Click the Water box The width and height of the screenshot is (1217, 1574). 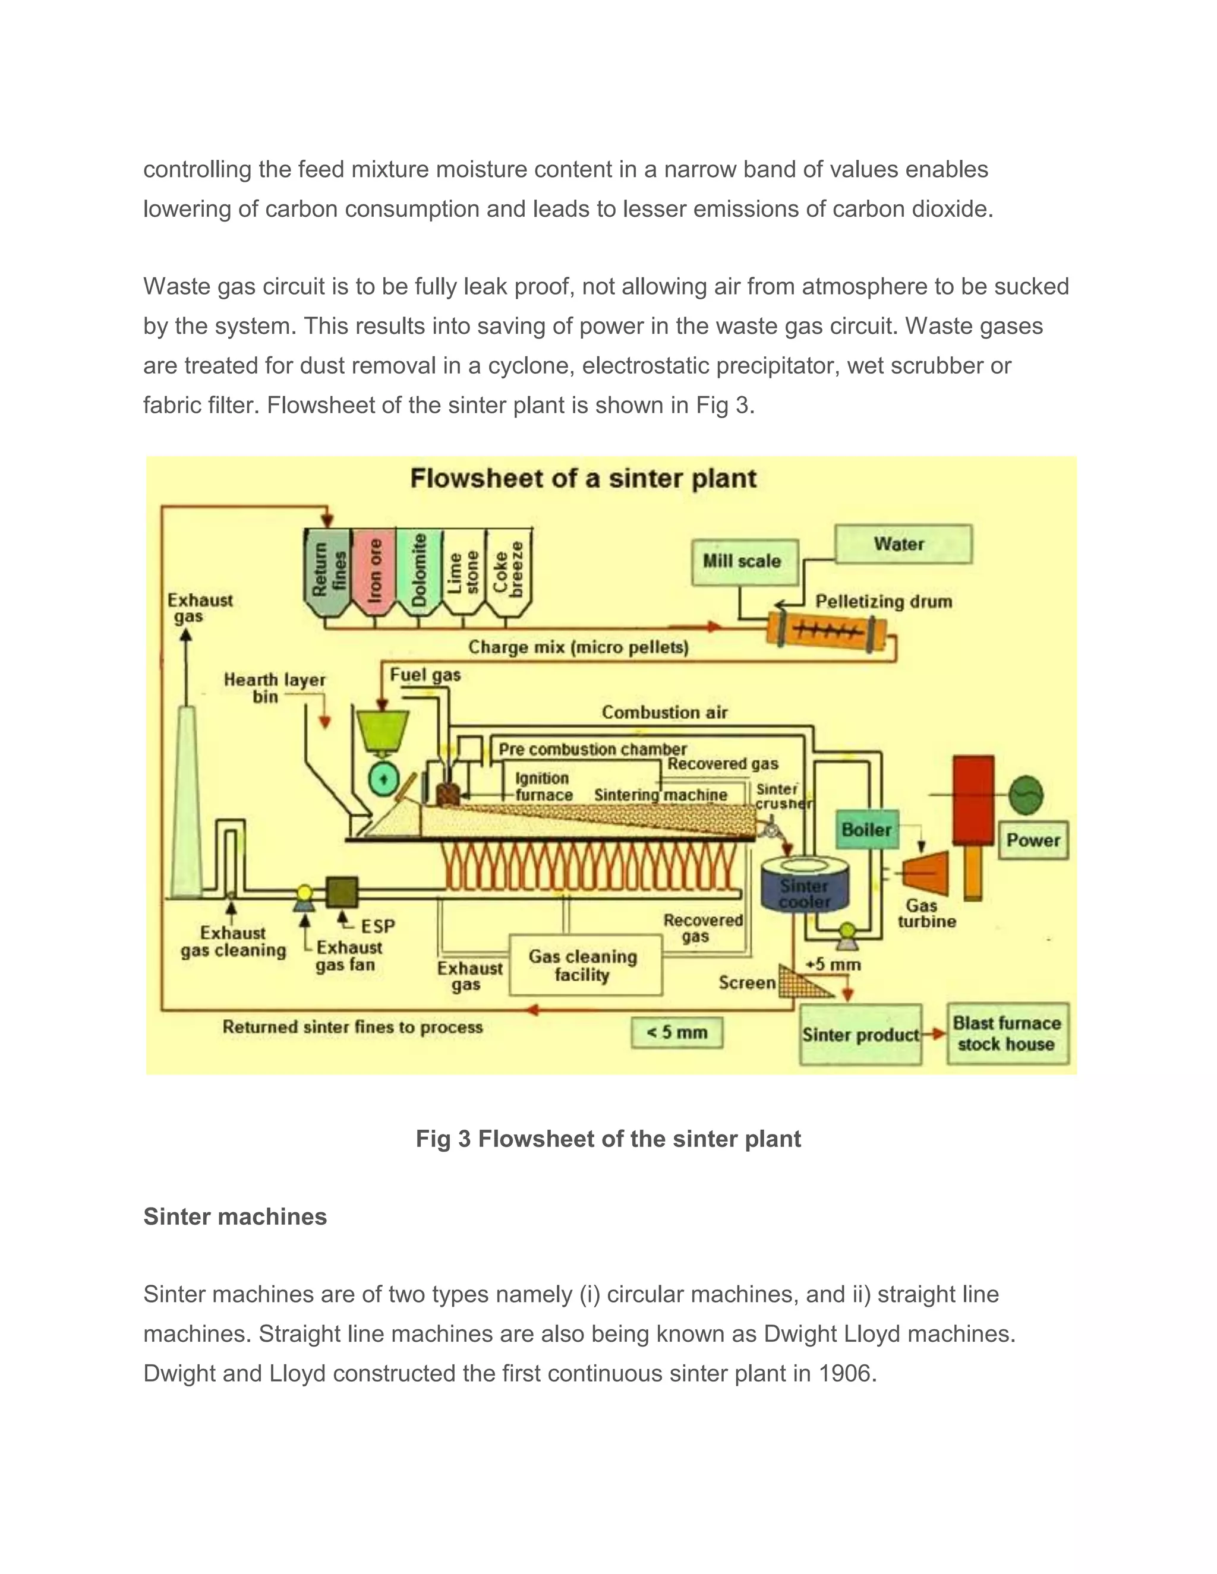[903, 544]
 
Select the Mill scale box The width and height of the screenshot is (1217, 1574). [744, 561]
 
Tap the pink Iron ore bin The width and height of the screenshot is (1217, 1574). [374, 571]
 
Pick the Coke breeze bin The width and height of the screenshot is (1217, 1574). [509, 571]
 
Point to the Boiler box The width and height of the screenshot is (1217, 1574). [866, 830]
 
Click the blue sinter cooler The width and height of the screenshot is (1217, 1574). [805, 888]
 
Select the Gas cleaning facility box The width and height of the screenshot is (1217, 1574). [585, 965]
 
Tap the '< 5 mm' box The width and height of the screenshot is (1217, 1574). [676, 1032]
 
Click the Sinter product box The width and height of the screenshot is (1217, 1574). [860, 1035]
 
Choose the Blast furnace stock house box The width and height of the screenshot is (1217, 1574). [1007, 1033]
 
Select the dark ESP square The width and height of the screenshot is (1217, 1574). [342, 892]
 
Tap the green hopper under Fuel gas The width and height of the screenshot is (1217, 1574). [383, 730]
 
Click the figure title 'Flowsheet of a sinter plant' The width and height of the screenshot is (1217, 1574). [584, 479]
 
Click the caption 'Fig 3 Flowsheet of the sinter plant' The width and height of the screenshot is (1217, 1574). [608, 1139]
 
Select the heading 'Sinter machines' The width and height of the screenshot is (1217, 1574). [235, 1216]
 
